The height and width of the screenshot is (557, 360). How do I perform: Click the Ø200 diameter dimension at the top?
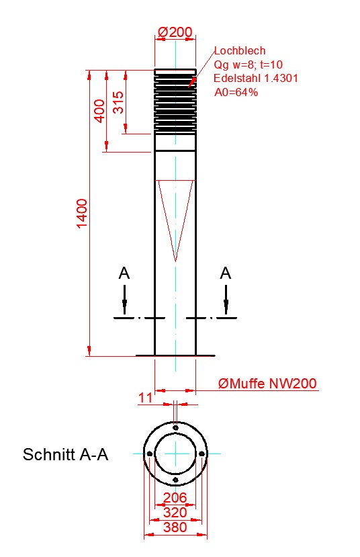[175, 32]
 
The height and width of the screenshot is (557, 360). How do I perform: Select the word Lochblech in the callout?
[240, 51]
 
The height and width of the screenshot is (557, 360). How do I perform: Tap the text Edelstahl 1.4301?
[256, 78]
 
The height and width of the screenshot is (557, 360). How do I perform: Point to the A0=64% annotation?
[236, 92]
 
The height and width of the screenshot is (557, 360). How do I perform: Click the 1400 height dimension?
[82, 214]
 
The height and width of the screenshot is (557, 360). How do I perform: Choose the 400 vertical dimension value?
[101, 111]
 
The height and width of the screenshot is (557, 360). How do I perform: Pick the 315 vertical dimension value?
[119, 102]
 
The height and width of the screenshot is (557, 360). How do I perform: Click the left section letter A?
[124, 273]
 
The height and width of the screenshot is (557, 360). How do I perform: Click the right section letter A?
[226, 273]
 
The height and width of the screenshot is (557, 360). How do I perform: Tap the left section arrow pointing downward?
[124, 300]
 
